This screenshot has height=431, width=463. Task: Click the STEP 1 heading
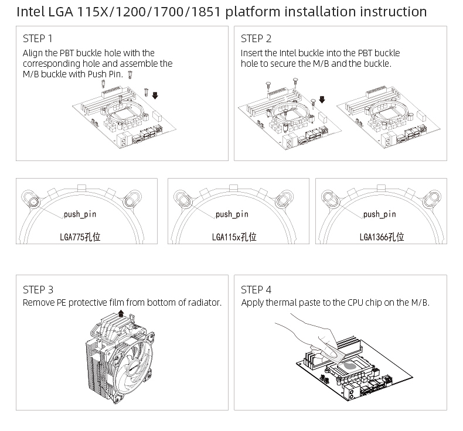coord(38,39)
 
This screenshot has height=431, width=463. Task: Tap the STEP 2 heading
coord(256,39)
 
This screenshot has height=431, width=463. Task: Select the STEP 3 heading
coord(38,289)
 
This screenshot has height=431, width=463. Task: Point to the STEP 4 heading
coord(256,289)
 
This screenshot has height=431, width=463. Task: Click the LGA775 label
coord(80,237)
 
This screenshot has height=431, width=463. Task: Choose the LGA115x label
coord(234,237)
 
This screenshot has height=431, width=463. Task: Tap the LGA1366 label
coord(382,237)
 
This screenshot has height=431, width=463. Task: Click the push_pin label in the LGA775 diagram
coord(80,214)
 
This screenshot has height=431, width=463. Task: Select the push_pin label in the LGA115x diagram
coord(232,214)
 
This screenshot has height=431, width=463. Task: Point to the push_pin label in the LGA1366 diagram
coord(380,214)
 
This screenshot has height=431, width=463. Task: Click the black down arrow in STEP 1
coord(155,95)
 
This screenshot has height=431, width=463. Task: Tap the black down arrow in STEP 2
coord(322,100)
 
